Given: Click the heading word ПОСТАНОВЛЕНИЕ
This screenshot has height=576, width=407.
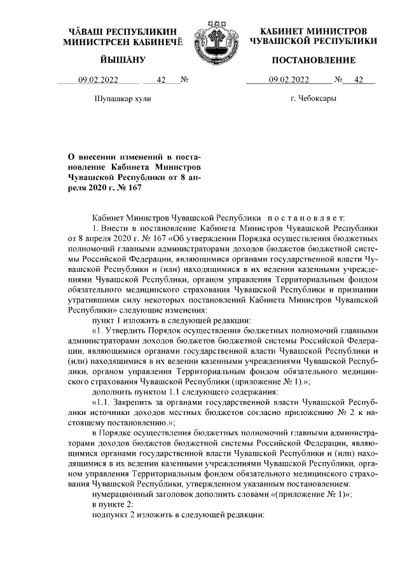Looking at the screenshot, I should [314, 60].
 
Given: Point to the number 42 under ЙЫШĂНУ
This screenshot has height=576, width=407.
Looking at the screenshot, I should [160, 80].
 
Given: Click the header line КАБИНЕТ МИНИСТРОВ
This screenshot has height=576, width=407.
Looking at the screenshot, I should [314, 31].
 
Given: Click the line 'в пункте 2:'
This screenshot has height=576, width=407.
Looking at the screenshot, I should [113, 503].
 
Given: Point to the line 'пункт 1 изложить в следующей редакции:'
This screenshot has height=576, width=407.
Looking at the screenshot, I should [171, 320].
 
